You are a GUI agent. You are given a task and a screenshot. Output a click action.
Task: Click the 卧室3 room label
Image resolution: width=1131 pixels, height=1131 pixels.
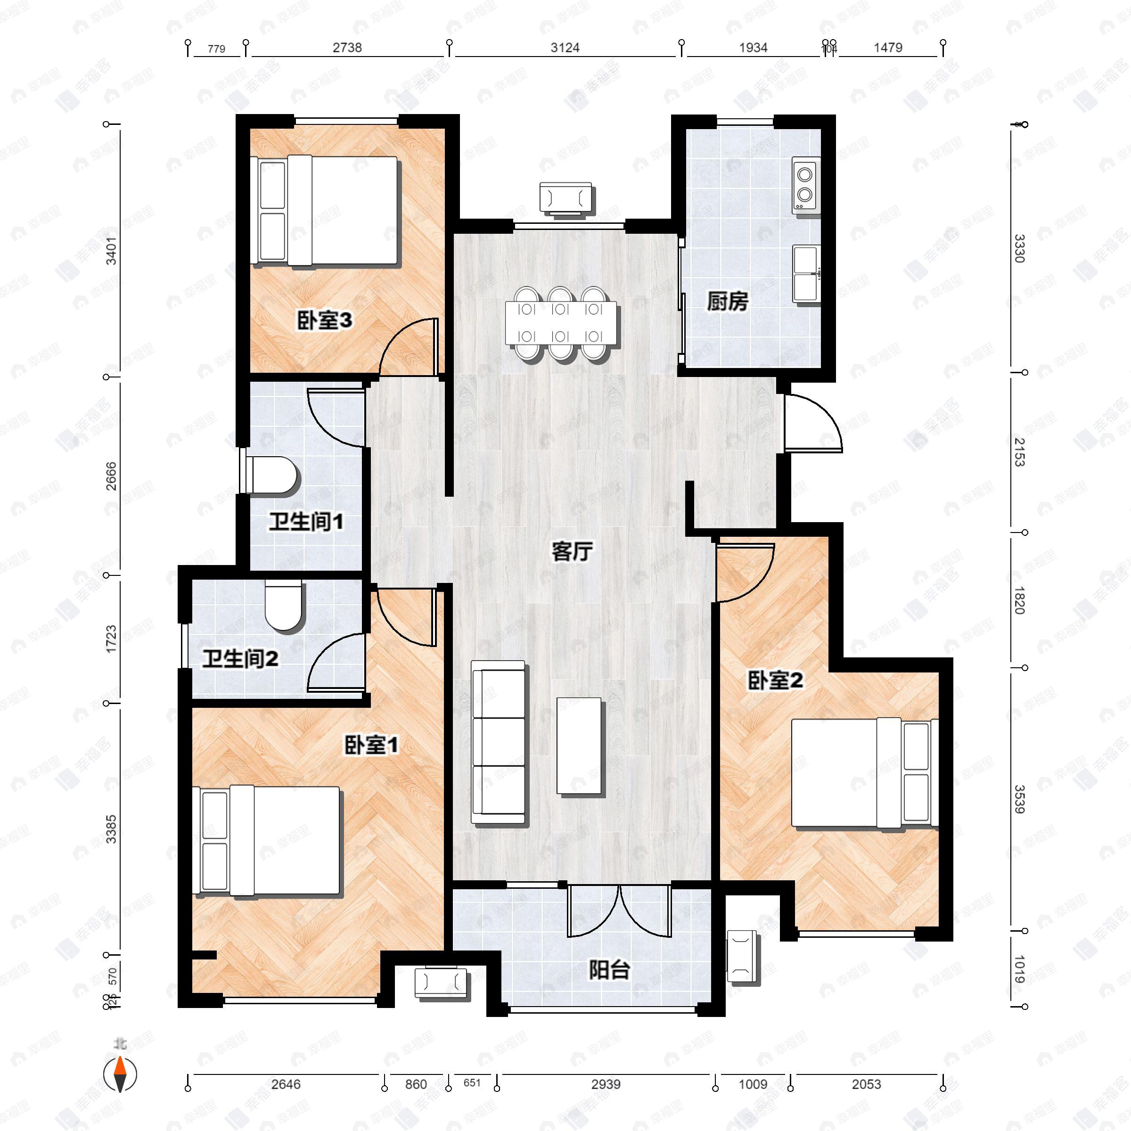pos(324,320)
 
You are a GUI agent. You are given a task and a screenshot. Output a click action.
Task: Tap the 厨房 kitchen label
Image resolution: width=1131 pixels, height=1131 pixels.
pos(727,302)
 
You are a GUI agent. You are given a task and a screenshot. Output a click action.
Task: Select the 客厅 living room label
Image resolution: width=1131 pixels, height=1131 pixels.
pos(572,551)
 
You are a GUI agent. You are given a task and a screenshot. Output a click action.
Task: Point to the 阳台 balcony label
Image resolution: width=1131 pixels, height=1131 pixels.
pos(609,970)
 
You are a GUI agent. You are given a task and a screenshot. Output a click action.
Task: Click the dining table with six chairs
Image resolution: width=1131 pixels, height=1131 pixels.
pos(561,323)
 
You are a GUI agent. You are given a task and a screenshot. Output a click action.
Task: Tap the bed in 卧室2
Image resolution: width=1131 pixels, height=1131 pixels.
pos(862,773)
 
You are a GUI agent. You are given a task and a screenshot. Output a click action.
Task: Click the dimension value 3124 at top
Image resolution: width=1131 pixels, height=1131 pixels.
pos(565,48)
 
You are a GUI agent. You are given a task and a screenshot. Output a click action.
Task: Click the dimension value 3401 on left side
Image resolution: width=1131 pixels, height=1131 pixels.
pos(111,250)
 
